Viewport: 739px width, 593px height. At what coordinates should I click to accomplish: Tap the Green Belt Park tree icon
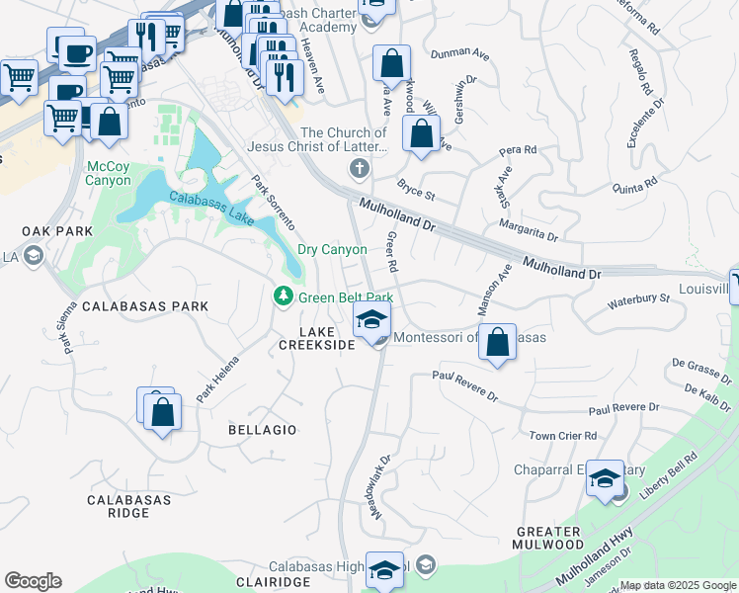283,296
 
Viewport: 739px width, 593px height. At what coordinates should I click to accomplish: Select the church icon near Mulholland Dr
359,169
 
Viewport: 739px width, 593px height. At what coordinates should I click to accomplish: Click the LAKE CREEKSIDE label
316,338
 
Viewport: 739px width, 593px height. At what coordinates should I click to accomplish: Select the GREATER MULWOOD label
549,538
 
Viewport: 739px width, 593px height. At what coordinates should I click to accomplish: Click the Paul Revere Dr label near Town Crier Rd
623,408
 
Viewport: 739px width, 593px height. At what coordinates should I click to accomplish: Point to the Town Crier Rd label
563,436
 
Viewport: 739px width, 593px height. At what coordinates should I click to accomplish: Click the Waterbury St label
638,298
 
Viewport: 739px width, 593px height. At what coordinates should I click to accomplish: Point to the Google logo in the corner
33,581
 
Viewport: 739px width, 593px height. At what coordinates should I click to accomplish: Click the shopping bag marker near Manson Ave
498,343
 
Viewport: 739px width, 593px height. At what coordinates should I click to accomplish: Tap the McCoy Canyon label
109,173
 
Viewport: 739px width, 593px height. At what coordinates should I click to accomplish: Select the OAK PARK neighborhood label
57,231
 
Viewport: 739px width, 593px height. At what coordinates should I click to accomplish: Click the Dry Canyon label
332,250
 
